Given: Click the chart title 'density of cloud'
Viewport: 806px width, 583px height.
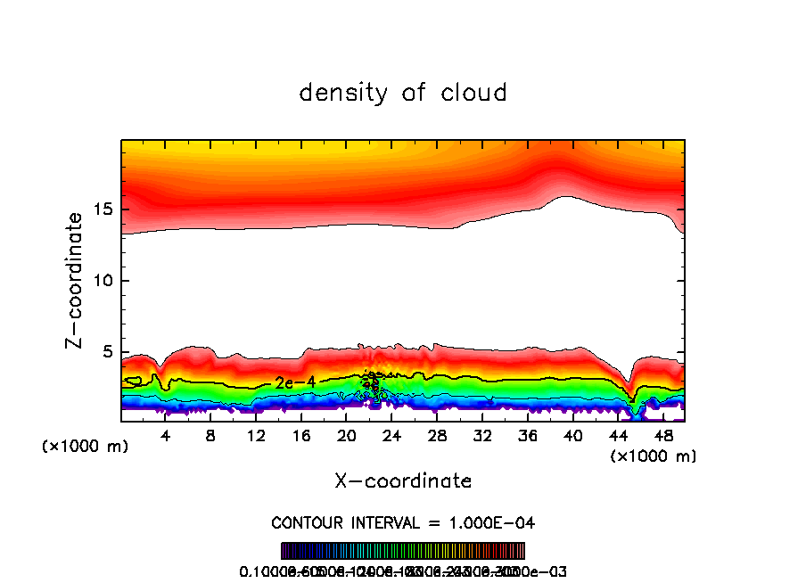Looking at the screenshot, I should pyautogui.click(x=402, y=93).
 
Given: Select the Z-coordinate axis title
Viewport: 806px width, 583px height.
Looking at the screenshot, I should pyautogui.click(x=75, y=280).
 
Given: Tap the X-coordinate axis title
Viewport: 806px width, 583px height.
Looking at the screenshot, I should pyautogui.click(x=403, y=481).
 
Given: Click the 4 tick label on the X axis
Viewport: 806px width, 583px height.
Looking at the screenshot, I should pyautogui.click(x=166, y=437).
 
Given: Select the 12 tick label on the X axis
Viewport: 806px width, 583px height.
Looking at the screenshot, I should pyautogui.click(x=256, y=437).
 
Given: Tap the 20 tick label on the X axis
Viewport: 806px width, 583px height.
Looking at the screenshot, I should pyautogui.click(x=347, y=437).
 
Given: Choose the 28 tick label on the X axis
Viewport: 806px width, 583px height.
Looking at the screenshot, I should pyautogui.click(x=437, y=437).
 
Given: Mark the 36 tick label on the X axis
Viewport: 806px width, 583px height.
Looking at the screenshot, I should pyautogui.click(x=528, y=437).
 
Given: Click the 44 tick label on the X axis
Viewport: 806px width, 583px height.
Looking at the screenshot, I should pyautogui.click(x=618, y=437).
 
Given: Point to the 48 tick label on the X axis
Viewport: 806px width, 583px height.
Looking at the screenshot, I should pyautogui.click(x=663, y=437).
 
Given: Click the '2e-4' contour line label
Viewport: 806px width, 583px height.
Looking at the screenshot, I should pyautogui.click(x=294, y=382).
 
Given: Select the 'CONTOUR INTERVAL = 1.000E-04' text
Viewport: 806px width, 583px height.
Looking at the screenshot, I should pyautogui.click(x=403, y=522).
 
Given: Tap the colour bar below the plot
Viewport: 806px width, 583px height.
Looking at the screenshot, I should pyautogui.click(x=403, y=551).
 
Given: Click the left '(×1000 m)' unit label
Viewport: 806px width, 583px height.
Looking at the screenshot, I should pyautogui.click(x=86, y=447).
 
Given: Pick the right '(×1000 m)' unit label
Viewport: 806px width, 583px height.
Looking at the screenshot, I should pyautogui.click(x=653, y=456).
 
